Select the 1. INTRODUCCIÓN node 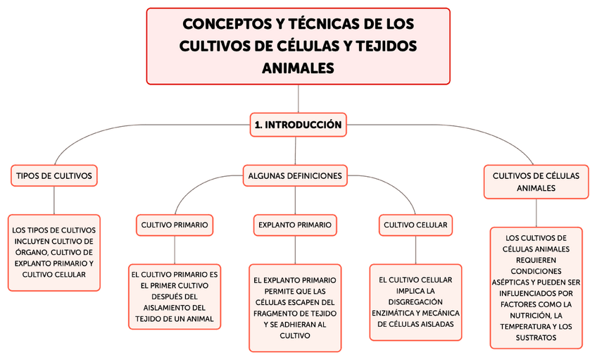click(x=298, y=125)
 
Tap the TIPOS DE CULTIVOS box click(x=54, y=175)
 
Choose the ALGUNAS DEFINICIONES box click(x=295, y=175)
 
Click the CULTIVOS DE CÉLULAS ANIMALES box click(x=536, y=182)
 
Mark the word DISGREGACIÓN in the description click(x=415, y=302)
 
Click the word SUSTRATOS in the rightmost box click(x=536, y=337)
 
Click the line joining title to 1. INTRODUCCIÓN click(x=298, y=99)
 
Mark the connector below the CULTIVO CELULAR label click(x=415, y=249)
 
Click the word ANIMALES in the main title click(x=298, y=68)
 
